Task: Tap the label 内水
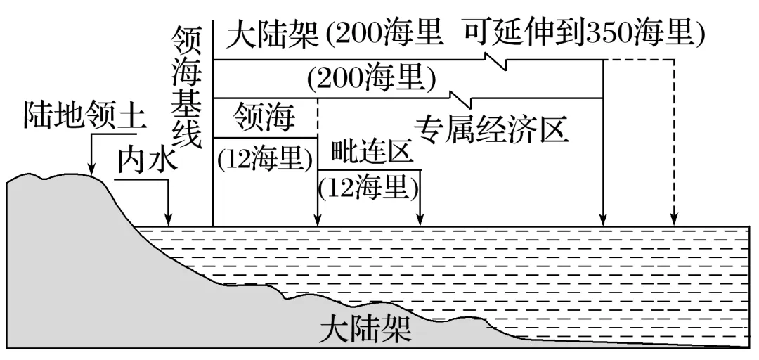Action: click(144, 160)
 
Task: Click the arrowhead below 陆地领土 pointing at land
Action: click(93, 169)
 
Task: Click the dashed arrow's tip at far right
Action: click(674, 221)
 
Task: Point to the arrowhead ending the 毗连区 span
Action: click(420, 221)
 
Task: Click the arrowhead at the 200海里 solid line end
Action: click(603, 221)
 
